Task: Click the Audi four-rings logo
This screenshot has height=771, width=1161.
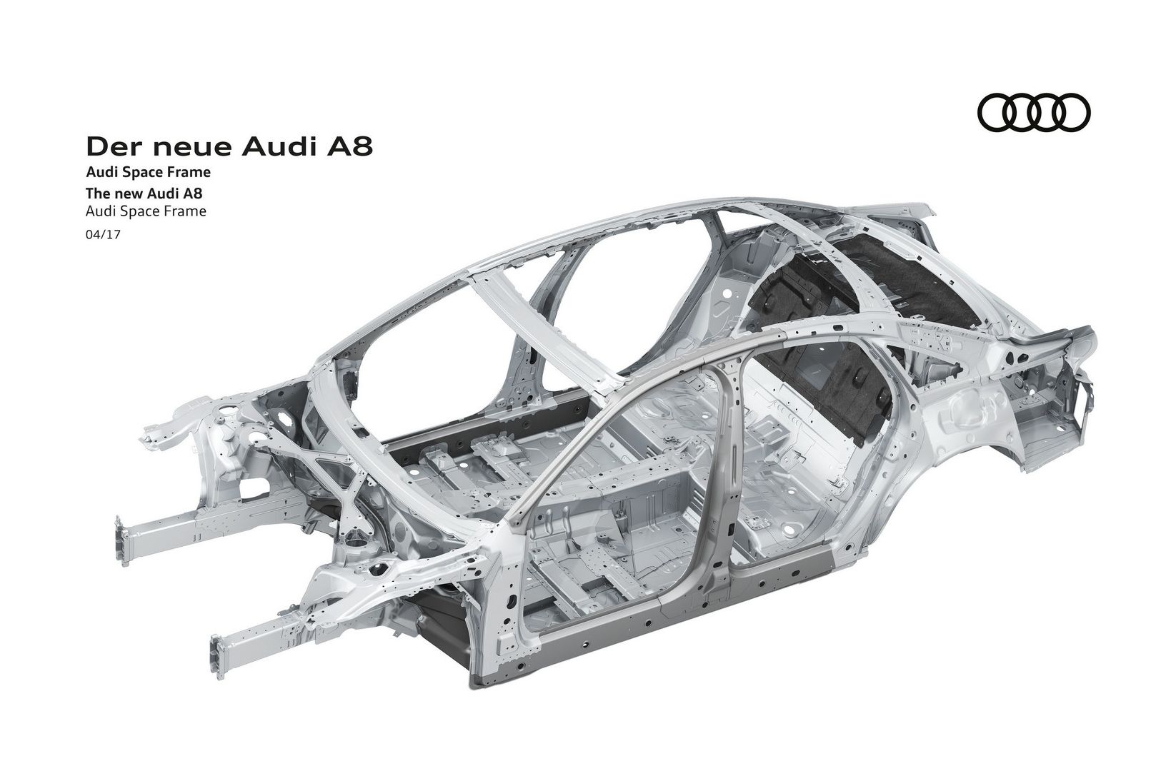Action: click(1034, 111)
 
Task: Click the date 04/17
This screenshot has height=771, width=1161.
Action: click(103, 235)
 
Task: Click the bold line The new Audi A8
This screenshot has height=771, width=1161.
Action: click(144, 193)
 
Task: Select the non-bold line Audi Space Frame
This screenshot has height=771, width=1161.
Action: click(146, 211)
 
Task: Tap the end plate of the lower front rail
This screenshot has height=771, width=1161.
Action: click(217, 656)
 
